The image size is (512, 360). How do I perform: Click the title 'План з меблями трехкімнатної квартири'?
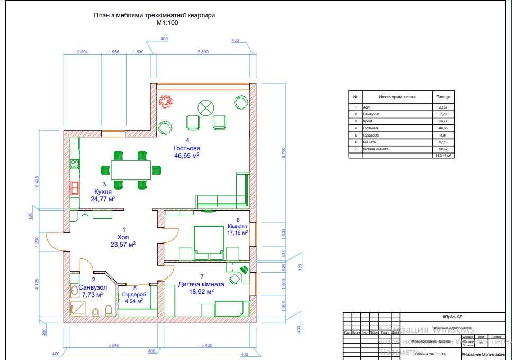pyautogui.click(x=154, y=16)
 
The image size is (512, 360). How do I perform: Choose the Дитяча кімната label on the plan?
pyautogui.click(x=201, y=284)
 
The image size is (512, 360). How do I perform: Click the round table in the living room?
pyautogui.click(x=204, y=108)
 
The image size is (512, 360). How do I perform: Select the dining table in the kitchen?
pyautogui.click(x=130, y=170)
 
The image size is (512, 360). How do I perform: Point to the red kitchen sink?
pyautogui.click(x=74, y=187)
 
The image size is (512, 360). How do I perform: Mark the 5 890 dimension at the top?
pyautogui.click(x=203, y=52)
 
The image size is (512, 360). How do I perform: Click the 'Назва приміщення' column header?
pyautogui.click(x=397, y=97)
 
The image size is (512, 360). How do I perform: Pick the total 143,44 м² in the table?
pyautogui.click(x=442, y=156)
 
